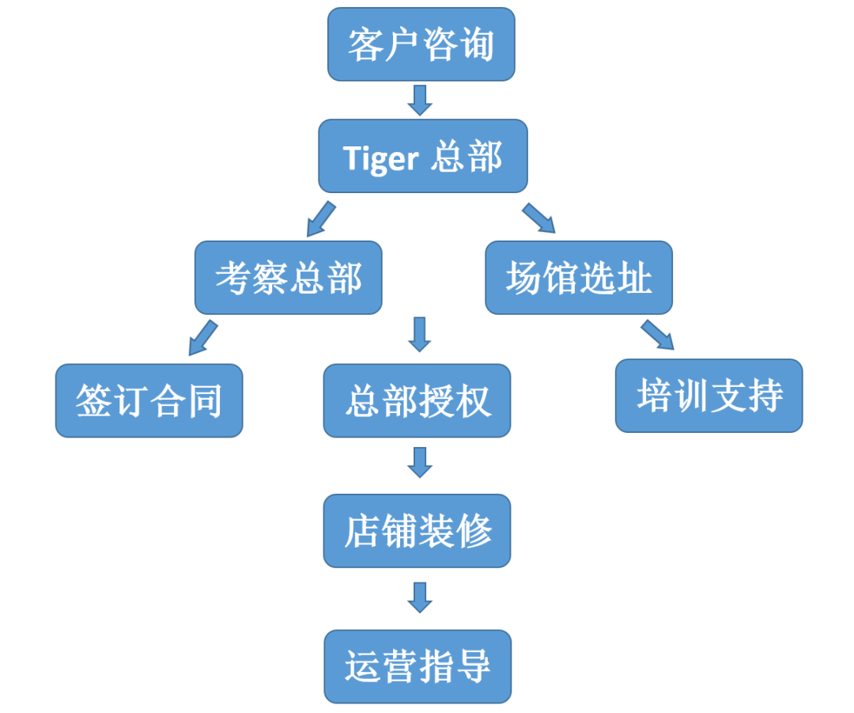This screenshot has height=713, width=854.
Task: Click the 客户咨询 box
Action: tap(421, 44)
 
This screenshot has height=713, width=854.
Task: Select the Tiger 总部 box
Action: tap(422, 157)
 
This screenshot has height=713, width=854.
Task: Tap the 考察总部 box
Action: tap(289, 278)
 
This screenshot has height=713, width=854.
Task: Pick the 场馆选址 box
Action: tap(579, 278)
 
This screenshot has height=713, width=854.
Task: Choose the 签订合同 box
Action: tap(149, 400)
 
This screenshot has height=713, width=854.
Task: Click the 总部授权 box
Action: tap(418, 400)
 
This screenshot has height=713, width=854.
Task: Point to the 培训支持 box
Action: tap(709, 396)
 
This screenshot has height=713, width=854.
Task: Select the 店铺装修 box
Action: tap(418, 531)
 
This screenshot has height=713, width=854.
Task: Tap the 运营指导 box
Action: tap(418, 666)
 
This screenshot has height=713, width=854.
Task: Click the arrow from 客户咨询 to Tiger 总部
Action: tap(420, 100)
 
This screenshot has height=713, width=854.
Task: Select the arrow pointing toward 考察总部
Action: tap(320, 219)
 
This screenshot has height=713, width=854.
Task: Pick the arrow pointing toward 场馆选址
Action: tap(539, 218)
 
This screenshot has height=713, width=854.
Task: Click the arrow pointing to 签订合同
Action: tap(202, 338)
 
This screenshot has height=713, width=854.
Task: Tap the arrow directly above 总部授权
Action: tap(419, 334)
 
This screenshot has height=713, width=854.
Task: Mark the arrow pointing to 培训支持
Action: tap(657, 335)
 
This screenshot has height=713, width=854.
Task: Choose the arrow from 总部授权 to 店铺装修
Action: tap(419, 462)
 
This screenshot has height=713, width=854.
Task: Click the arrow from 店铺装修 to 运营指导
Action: tap(419, 597)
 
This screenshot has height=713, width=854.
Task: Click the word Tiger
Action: tap(380, 158)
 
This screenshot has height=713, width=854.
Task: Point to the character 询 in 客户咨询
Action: tap(475, 44)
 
